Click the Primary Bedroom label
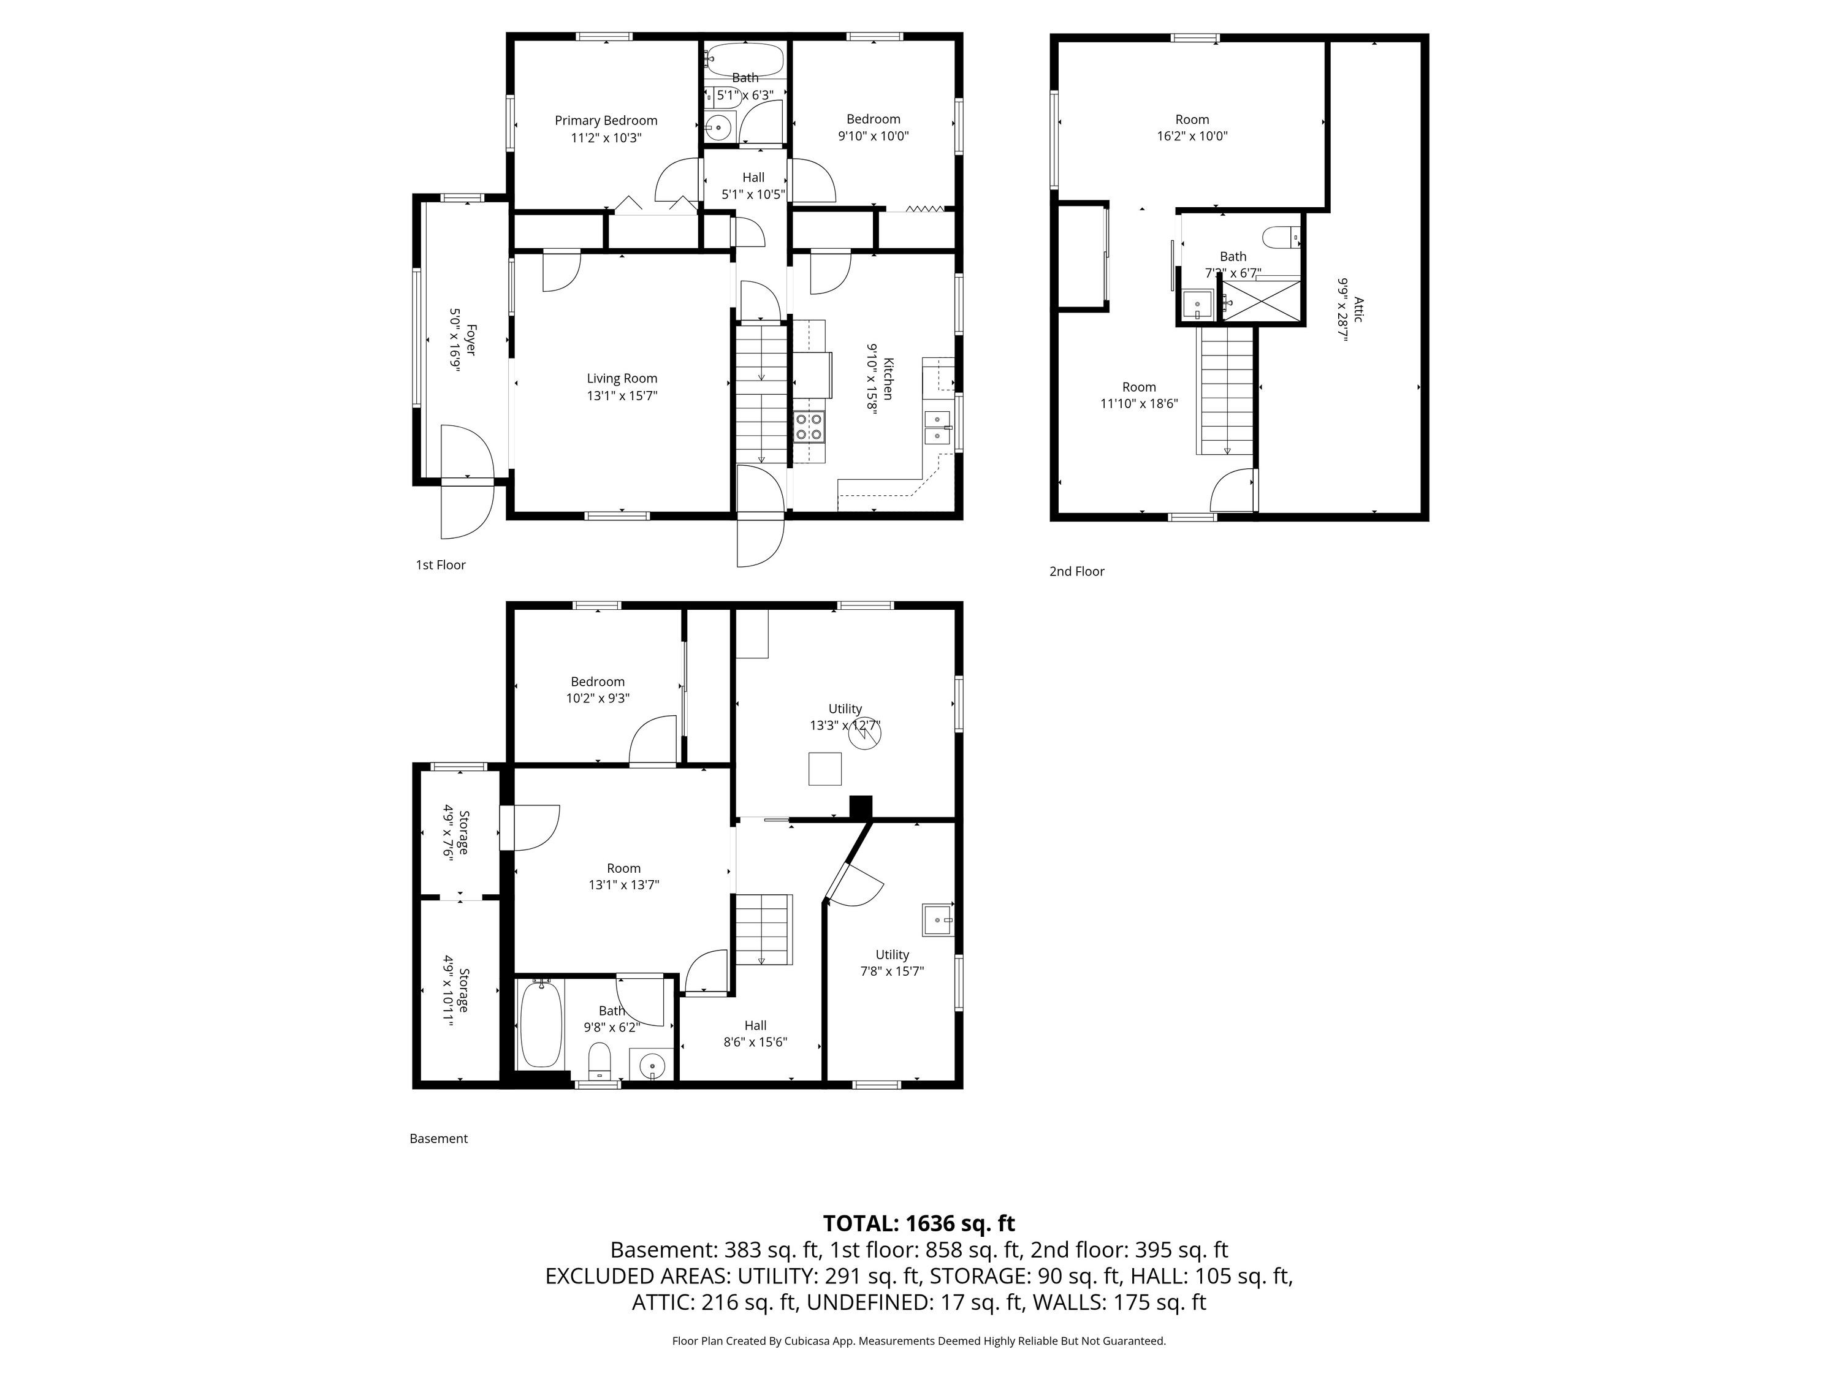pos(606,121)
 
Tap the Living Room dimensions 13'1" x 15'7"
pos(622,396)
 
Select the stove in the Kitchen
pos(808,427)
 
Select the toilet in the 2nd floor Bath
pos(1281,238)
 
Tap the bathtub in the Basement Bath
pos(541,1025)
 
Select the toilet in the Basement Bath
pos(600,1062)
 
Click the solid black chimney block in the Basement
pos(861,808)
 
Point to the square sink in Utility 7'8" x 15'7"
pos(938,920)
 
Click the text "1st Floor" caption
pos(441,565)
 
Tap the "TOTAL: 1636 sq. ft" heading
pos(919,1223)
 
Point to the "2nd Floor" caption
pos(1076,572)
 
